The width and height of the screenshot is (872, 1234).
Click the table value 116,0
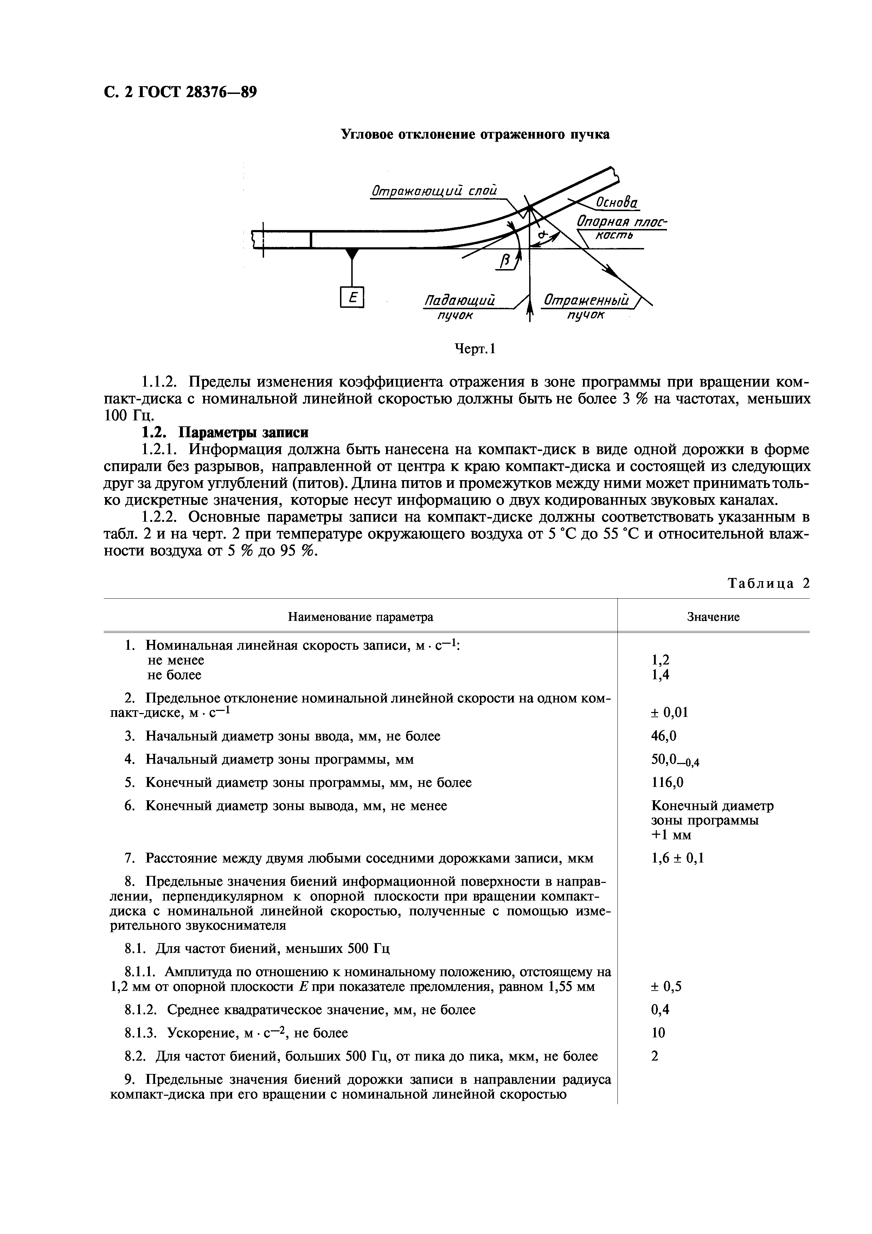[667, 783]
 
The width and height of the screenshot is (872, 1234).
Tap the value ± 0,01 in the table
[669, 713]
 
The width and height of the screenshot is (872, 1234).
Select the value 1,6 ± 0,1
[677, 858]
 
